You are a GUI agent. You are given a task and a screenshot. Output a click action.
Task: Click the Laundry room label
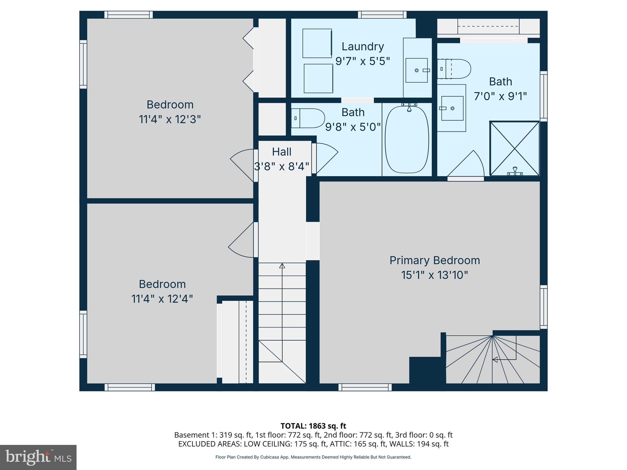pos(362,47)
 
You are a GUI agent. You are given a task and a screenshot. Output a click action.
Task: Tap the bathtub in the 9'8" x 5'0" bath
pos(407,140)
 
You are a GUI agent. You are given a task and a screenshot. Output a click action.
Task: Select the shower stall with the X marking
pos(514,149)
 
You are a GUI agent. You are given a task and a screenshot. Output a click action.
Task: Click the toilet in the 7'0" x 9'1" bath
pos(454,69)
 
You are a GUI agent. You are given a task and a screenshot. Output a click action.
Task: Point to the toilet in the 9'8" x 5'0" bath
pos(308,118)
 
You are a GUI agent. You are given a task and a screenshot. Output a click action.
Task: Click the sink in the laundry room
pos(417,70)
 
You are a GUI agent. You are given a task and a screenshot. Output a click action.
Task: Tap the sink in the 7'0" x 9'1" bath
pos(452,108)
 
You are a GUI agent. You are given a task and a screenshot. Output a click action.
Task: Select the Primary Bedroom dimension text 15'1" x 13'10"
pos(434,275)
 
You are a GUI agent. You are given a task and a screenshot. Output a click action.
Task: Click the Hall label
pos(282,152)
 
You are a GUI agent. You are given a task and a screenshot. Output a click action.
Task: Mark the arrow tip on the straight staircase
pos(282,266)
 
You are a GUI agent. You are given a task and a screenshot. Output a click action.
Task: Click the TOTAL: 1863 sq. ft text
pos(313,426)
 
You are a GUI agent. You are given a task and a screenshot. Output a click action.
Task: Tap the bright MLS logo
pos(38,457)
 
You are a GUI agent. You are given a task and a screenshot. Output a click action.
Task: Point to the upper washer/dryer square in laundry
pos(317,43)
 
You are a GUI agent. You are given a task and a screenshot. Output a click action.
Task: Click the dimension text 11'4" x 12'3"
pos(170,119)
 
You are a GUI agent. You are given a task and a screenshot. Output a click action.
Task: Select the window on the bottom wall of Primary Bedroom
pos(365,387)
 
